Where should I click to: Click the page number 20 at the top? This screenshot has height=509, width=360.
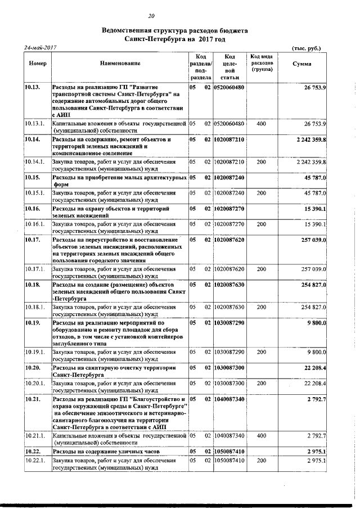(151, 16)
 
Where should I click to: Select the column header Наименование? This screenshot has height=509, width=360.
(120, 64)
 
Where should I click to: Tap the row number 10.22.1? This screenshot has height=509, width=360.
(34, 461)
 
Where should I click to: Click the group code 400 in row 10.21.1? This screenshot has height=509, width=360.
(261, 435)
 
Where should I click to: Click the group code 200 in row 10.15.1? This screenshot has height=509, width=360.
(261, 193)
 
